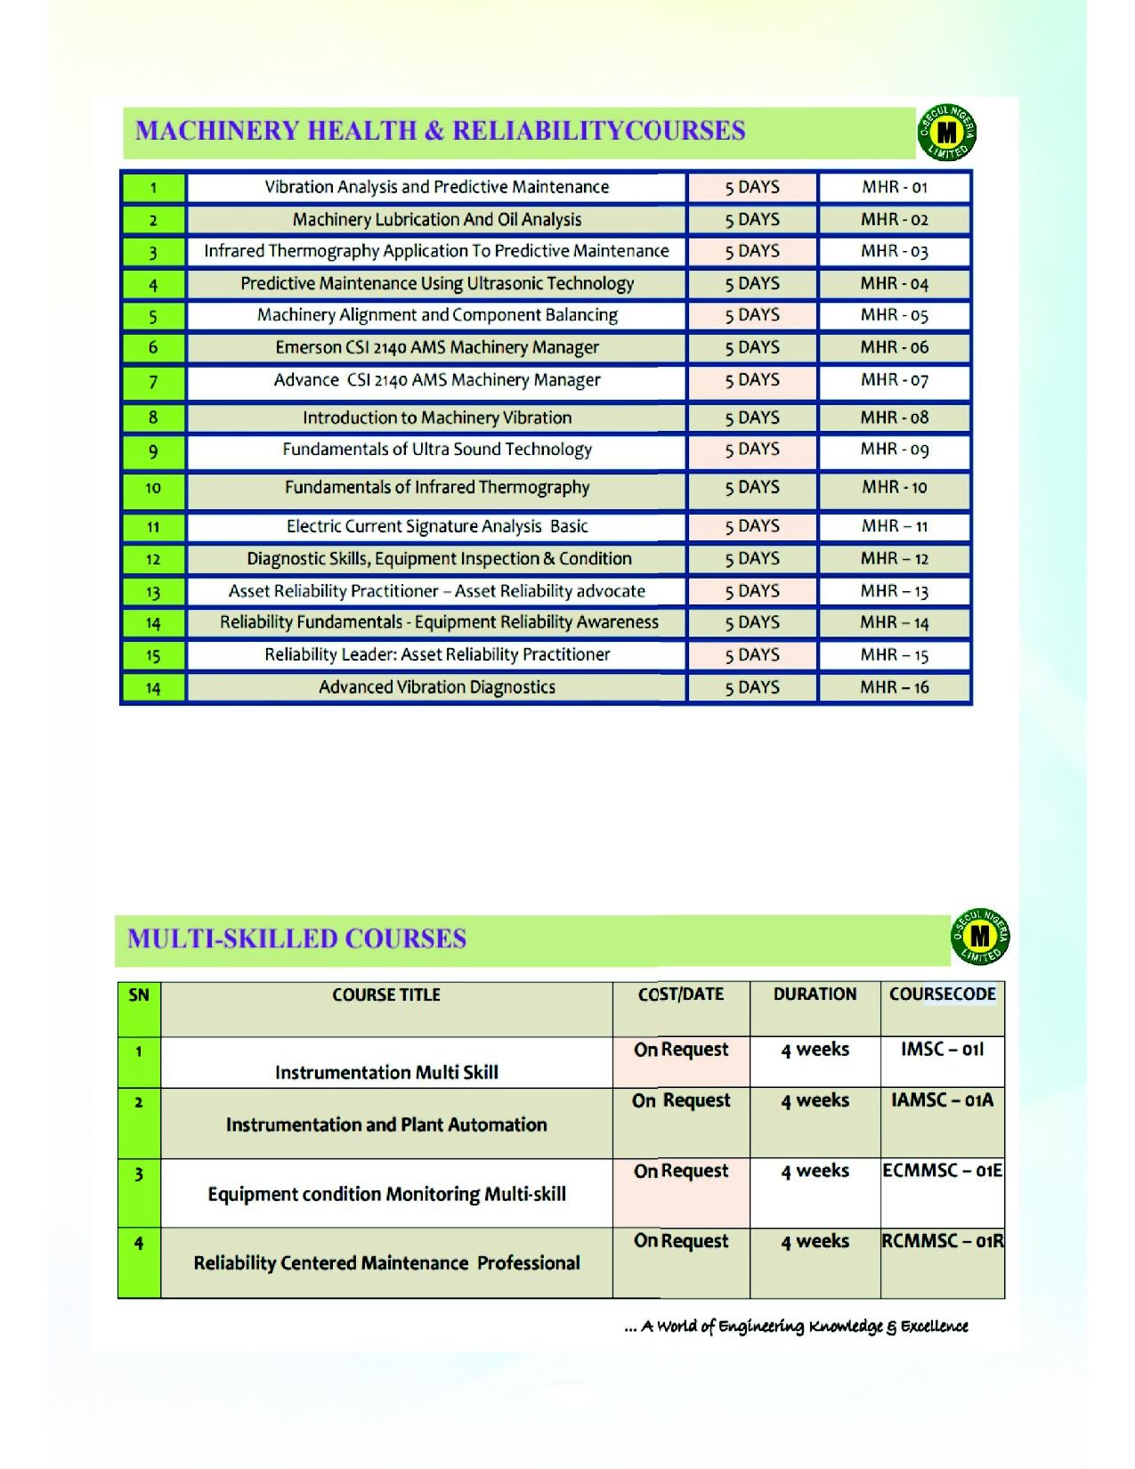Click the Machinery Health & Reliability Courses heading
[x=440, y=131]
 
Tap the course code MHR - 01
[x=894, y=188]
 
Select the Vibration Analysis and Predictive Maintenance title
[x=436, y=187]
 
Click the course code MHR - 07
[x=894, y=380]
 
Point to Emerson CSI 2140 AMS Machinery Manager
[x=436, y=347]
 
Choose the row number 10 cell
[x=153, y=488]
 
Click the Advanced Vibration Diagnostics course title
[x=436, y=687]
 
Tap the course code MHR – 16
[x=894, y=687]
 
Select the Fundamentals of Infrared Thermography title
[x=436, y=487]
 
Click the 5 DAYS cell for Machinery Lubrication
[x=751, y=219]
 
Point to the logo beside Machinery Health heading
[x=947, y=134]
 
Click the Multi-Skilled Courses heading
[x=296, y=939]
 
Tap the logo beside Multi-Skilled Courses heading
[x=980, y=937]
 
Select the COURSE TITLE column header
[x=386, y=995]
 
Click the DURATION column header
[x=815, y=994]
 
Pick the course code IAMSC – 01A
[x=942, y=1100]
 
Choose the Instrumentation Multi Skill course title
[x=386, y=1073]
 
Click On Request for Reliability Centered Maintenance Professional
[x=680, y=1241]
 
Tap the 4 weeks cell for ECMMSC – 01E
[x=815, y=1171]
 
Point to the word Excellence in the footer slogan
[x=934, y=1327]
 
